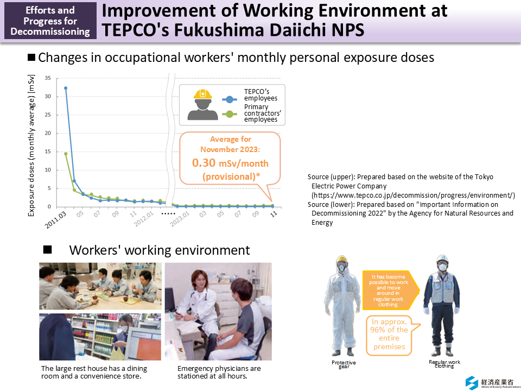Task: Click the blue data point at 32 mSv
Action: pos(66,88)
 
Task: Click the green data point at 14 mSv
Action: pos(66,154)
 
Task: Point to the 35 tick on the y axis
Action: pos(48,78)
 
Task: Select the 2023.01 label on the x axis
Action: pos(181,219)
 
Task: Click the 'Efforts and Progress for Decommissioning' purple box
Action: pos(50,21)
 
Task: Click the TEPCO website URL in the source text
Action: pos(412,195)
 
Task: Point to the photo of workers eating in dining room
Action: pos(100,286)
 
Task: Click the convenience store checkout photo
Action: pos(100,337)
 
